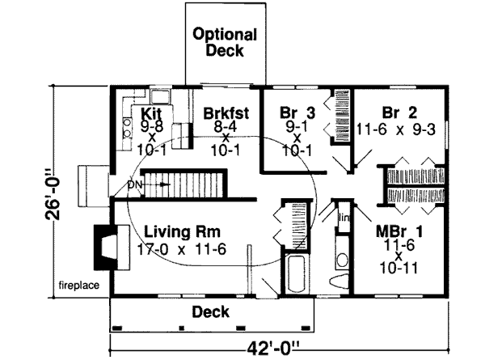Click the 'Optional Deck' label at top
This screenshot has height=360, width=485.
tap(225, 43)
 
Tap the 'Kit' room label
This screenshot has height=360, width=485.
tap(153, 112)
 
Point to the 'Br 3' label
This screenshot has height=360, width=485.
tap(297, 112)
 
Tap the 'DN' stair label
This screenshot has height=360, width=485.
tap(135, 184)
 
